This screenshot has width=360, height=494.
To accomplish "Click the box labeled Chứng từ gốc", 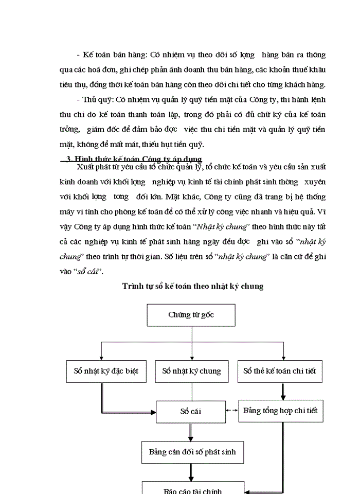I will point(191,315).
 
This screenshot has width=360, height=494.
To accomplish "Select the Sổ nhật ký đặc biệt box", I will point(103,370).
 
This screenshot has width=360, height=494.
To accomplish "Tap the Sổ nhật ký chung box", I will point(191,370).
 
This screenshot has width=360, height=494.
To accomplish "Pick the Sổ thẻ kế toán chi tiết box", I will point(280,370).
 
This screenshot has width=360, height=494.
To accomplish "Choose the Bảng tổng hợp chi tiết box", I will point(280,411).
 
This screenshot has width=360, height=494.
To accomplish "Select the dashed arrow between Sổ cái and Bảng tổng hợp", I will point(231,411).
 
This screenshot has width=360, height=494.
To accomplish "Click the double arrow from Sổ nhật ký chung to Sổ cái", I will point(191,392).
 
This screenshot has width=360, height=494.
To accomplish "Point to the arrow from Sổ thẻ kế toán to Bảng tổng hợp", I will point(283,391).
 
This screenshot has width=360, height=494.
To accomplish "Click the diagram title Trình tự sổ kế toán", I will point(193,286).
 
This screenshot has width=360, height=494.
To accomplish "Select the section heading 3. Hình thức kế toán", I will point(135,159).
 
